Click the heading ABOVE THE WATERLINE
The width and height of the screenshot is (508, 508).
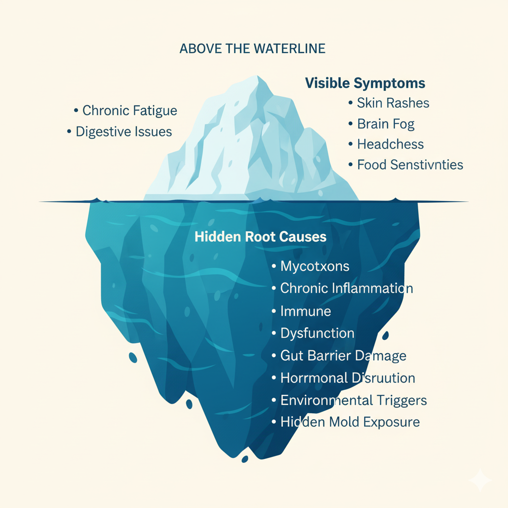(x=252, y=49)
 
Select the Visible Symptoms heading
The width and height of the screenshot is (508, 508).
(x=365, y=83)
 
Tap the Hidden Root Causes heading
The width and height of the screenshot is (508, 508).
(x=260, y=237)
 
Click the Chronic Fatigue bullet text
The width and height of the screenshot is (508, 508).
(x=129, y=110)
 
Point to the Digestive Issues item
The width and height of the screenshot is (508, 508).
(x=124, y=131)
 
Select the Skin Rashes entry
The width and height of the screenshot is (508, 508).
(x=393, y=103)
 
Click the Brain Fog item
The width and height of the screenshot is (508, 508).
(x=385, y=124)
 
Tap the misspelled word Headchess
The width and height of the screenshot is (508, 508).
(x=390, y=145)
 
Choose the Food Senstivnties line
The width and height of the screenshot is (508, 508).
(x=410, y=165)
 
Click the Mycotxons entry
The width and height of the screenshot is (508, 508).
(x=315, y=266)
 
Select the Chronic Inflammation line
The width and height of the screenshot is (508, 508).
(x=346, y=288)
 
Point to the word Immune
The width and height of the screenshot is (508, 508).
(x=306, y=312)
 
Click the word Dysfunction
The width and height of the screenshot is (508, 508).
(x=317, y=333)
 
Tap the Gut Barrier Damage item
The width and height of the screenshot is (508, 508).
(x=343, y=356)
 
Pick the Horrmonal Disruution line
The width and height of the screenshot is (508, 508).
(x=347, y=378)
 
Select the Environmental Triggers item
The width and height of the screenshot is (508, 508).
(x=353, y=400)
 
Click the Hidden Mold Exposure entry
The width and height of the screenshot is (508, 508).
(x=350, y=422)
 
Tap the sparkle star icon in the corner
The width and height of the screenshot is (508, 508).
(x=480, y=480)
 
